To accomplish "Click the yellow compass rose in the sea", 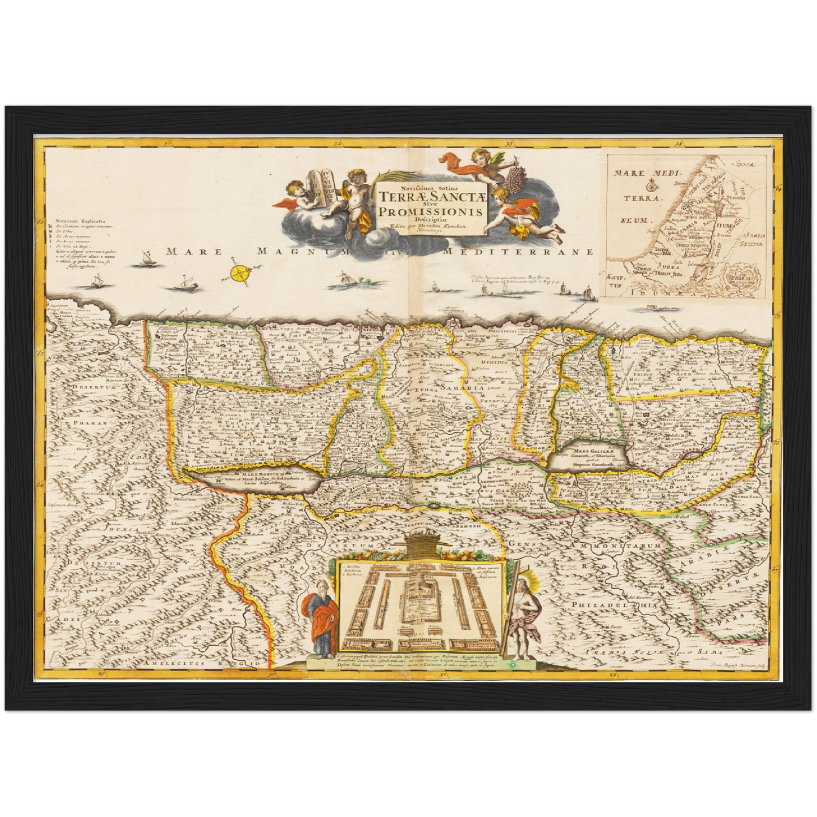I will pyautogui.click(x=241, y=274).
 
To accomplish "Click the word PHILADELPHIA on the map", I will pyautogui.click(x=623, y=606).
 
